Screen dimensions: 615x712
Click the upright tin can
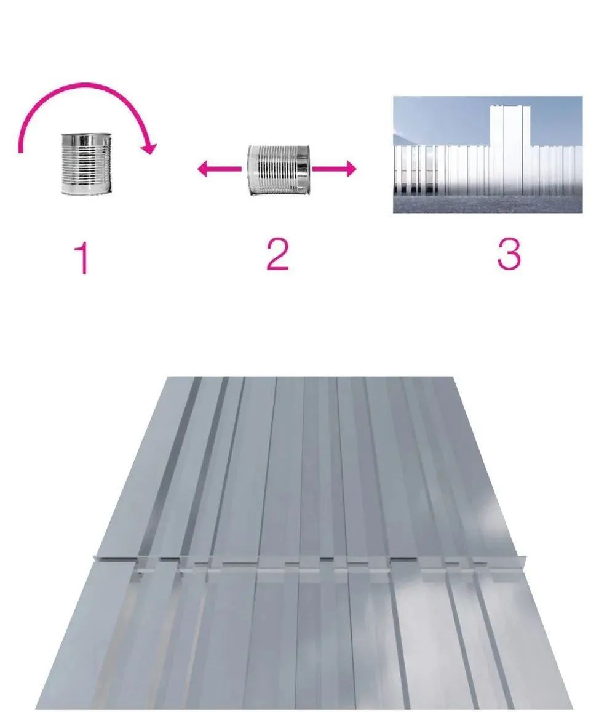pos(85,164)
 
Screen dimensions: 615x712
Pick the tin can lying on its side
pos(279,170)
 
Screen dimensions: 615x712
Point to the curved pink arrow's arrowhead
pos(148,148)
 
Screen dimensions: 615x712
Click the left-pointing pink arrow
pos(219,169)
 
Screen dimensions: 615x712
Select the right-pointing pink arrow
pos(334,169)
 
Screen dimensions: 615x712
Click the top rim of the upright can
pos(85,135)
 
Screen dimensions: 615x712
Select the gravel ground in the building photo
pos(488,204)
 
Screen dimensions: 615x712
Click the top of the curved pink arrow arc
pos(85,85)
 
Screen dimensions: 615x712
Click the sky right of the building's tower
pos(557,121)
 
